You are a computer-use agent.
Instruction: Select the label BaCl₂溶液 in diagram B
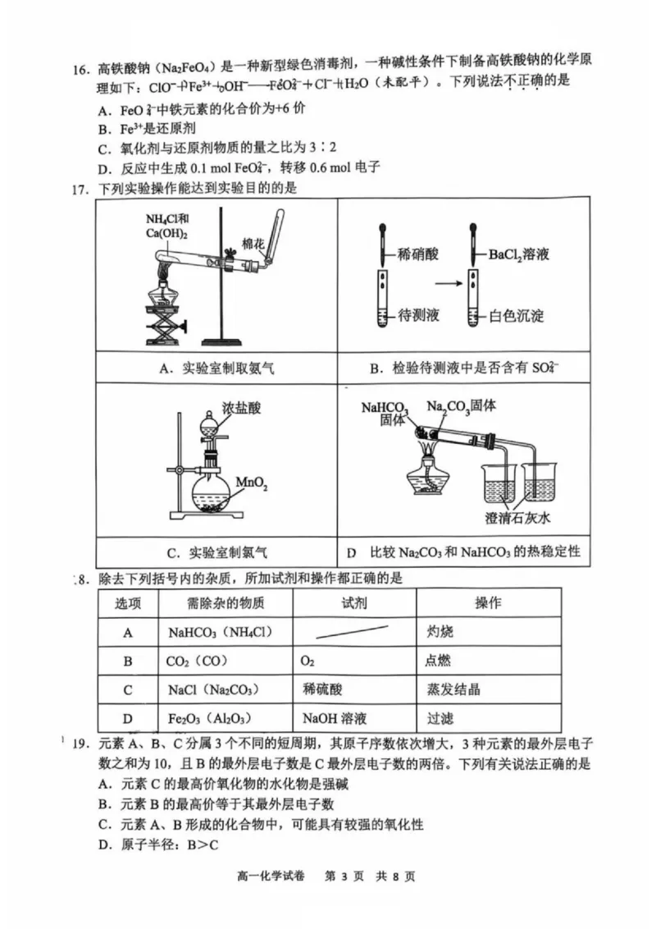519,255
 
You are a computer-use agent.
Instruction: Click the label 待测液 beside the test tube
421,315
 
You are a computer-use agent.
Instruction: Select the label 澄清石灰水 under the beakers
521,519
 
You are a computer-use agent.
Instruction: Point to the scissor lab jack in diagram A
166,327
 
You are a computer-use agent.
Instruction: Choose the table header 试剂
354,603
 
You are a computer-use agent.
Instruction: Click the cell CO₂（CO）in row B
198,661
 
